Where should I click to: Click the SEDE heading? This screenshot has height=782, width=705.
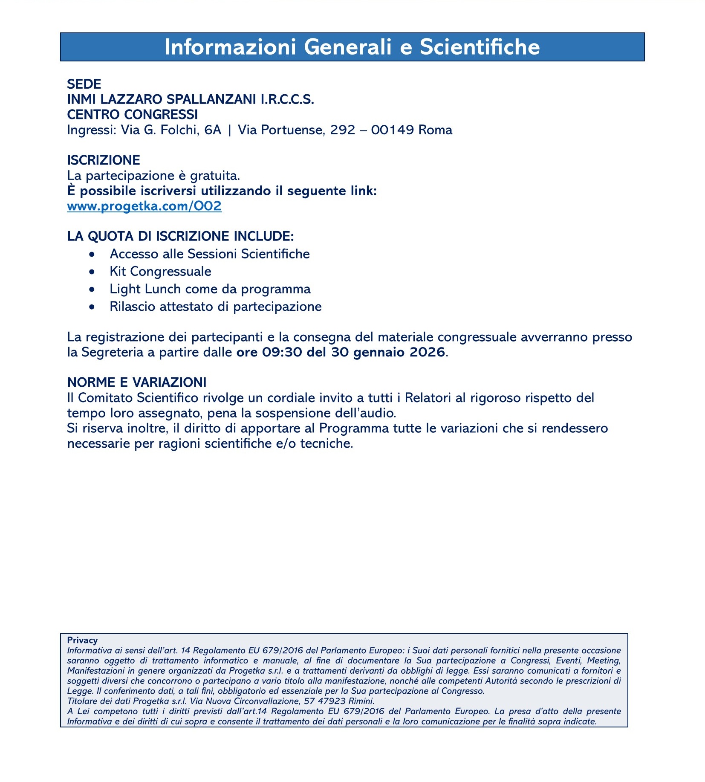pyautogui.click(x=84, y=84)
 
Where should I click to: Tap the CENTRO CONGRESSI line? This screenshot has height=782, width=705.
pyautogui.click(x=132, y=114)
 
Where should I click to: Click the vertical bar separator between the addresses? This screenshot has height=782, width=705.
pyautogui.click(x=230, y=130)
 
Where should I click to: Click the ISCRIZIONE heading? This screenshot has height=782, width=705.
pyautogui.click(x=104, y=160)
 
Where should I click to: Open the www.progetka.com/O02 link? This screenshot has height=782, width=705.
pyautogui.click(x=144, y=206)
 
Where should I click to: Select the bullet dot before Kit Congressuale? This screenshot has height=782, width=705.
pyautogui.click(x=92, y=272)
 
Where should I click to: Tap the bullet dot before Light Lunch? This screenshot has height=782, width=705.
pyautogui.click(x=92, y=290)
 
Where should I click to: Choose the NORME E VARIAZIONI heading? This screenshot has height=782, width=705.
pyautogui.click(x=137, y=382)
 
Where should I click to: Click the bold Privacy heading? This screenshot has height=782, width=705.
pyautogui.click(x=82, y=640)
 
